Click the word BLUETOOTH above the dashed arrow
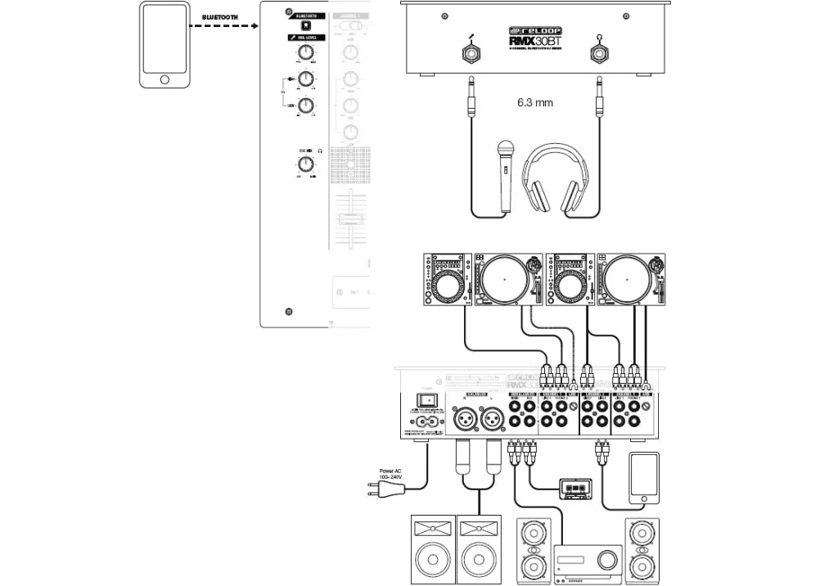pyautogui.click(x=220, y=17)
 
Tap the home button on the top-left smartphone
pyautogui.click(x=165, y=79)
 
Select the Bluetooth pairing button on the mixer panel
pyautogui.click(x=306, y=25)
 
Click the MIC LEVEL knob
pyautogui.click(x=305, y=54)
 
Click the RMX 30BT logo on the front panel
pyautogui.click(x=533, y=40)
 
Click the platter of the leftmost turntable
pyautogui.click(x=505, y=280)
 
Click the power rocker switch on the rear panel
pyautogui.click(x=426, y=401)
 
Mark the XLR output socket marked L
pyautogui.click(x=493, y=421)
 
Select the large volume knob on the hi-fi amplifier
pyautogui.click(x=606, y=560)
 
